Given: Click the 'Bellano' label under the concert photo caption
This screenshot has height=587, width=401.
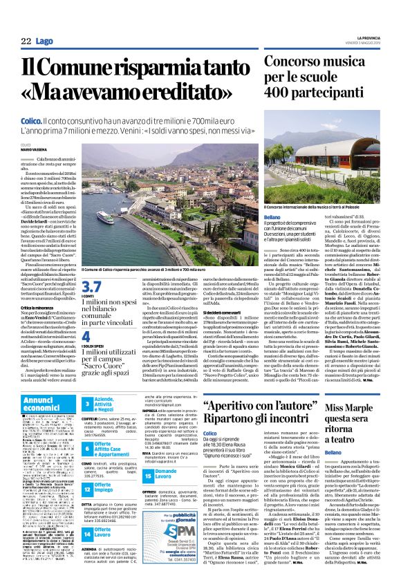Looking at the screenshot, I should [273, 216].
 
